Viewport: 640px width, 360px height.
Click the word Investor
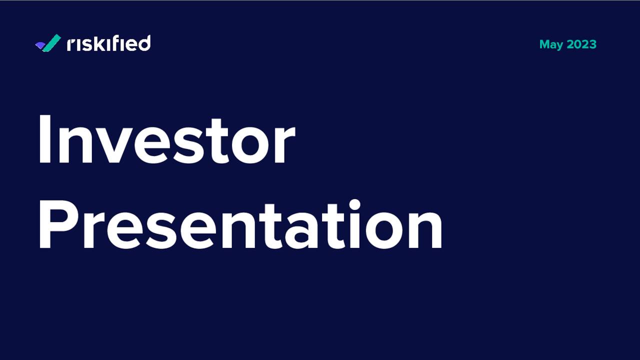click(x=166, y=139)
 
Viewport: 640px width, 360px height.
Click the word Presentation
click(x=240, y=224)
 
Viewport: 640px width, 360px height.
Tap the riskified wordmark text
click(x=108, y=43)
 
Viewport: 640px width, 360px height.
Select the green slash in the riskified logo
click(x=52, y=43)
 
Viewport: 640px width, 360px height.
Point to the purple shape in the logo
click(x=39, y=45)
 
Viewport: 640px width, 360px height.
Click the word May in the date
click(x=551, y=44)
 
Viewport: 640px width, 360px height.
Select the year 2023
click(x=581, y=44)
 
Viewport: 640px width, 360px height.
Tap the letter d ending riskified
click(x=144, y=43)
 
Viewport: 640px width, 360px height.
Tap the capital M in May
click(x=545, y=44)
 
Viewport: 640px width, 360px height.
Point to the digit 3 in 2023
click(x=593, y=44)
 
